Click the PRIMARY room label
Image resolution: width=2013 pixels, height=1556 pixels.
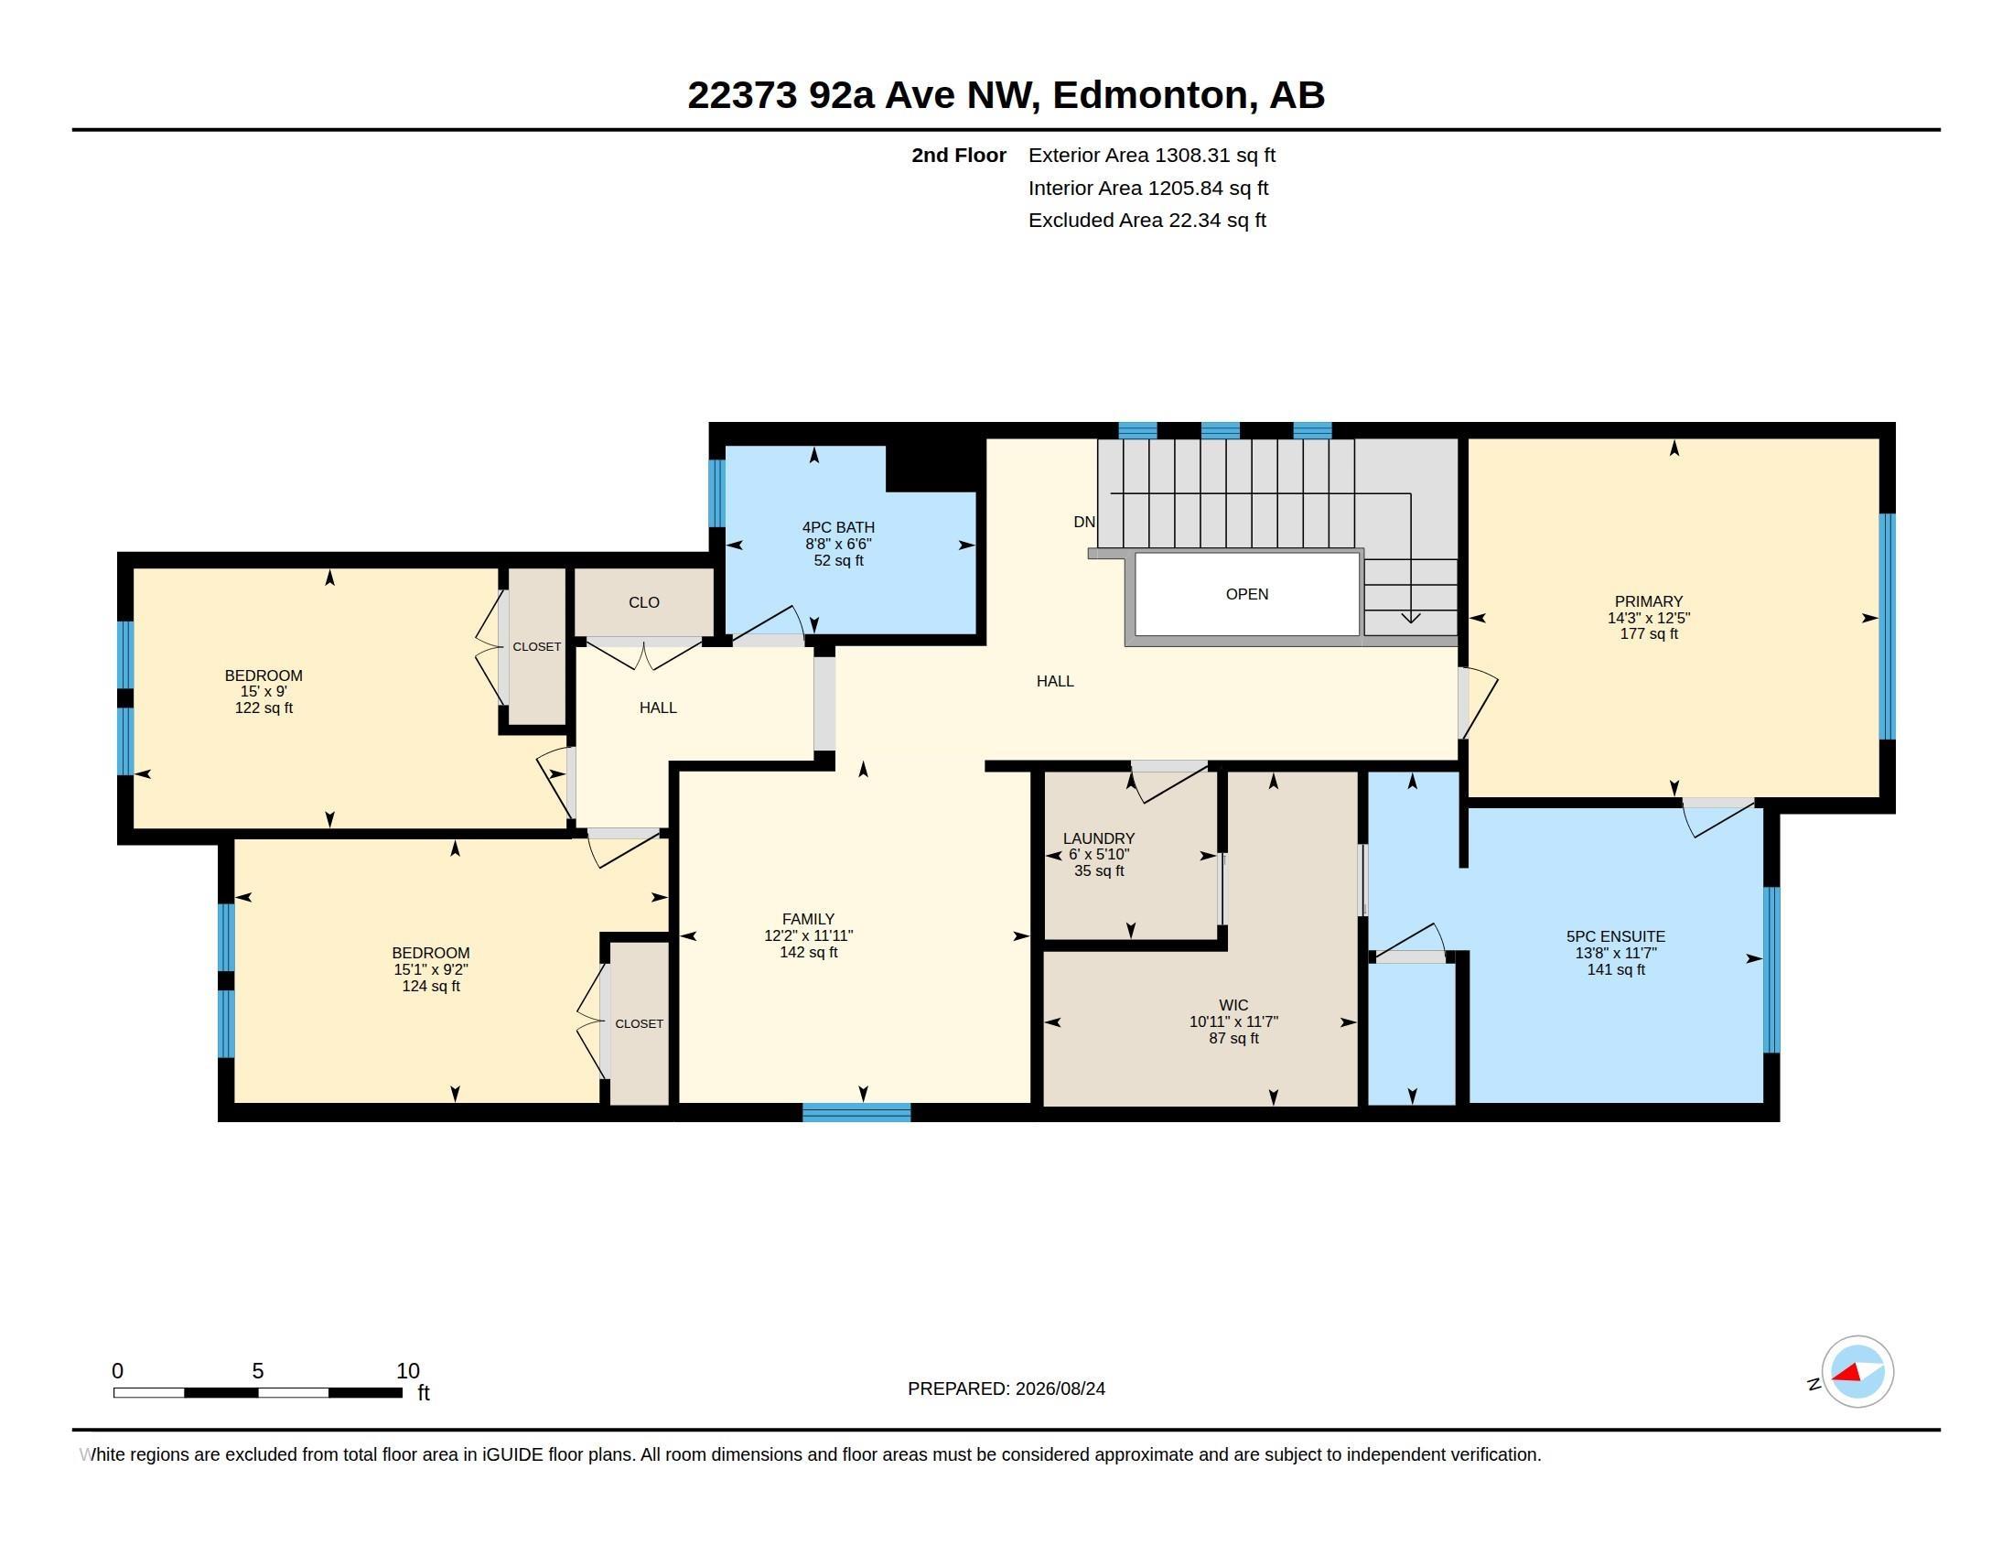pyautogui.click(x=1648, y=601)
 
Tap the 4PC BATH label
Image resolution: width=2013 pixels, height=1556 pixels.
pyautogui.click(x=838, y=527)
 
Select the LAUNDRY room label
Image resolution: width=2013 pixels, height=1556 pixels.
pyautogui.click(x=1099, y=837)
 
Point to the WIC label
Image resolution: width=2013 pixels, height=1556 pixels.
pyautogui.click(x=1233, y=1005)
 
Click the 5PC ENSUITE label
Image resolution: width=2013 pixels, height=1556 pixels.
pyautogui.click(x=1616, y=936)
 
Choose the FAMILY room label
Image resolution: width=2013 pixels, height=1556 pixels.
pyautogui.click(x=808, y=919)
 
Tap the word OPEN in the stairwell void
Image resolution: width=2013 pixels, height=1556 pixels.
pyautogui.click(x=1247, y=595)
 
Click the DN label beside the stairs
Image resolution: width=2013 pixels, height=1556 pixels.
pyautogui.click(x=1084, y=522)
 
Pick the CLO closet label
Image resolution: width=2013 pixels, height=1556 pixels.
pyautogui.click(x=644, y=602)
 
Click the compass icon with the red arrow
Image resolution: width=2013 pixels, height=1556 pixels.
pyautogui.click(x=1857, y=1372)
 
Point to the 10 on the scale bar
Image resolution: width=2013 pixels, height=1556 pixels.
pyautogui.click(x=407, y=1371)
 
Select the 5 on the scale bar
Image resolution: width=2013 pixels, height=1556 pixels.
pyautogui.click(x=258, y=1371)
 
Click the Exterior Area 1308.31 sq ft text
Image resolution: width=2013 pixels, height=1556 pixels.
pyautogui.click(x=1152, y=156)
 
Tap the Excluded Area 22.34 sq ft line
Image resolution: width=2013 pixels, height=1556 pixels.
pyautogui.click(x=1147, y=221)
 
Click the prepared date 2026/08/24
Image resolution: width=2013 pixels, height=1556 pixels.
pyautogui.click(x=1060, y=1389)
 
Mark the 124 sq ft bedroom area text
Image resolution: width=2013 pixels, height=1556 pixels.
pyautogui.click(x=430, y=987)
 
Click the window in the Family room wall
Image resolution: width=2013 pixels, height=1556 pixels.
pyautogui.click(x=856, y=1112)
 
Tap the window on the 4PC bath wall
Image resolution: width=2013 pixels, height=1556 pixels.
pyautogui.click(x=716, y=493)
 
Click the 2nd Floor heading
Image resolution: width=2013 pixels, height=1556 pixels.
pyautogui.click(x=959, y=156)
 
